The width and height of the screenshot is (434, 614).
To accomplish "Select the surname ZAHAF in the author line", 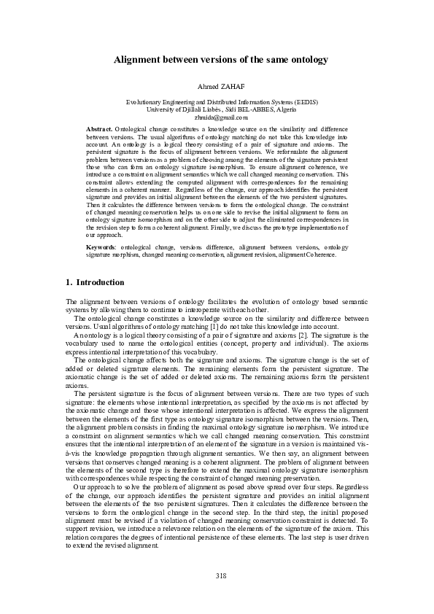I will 231,87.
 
